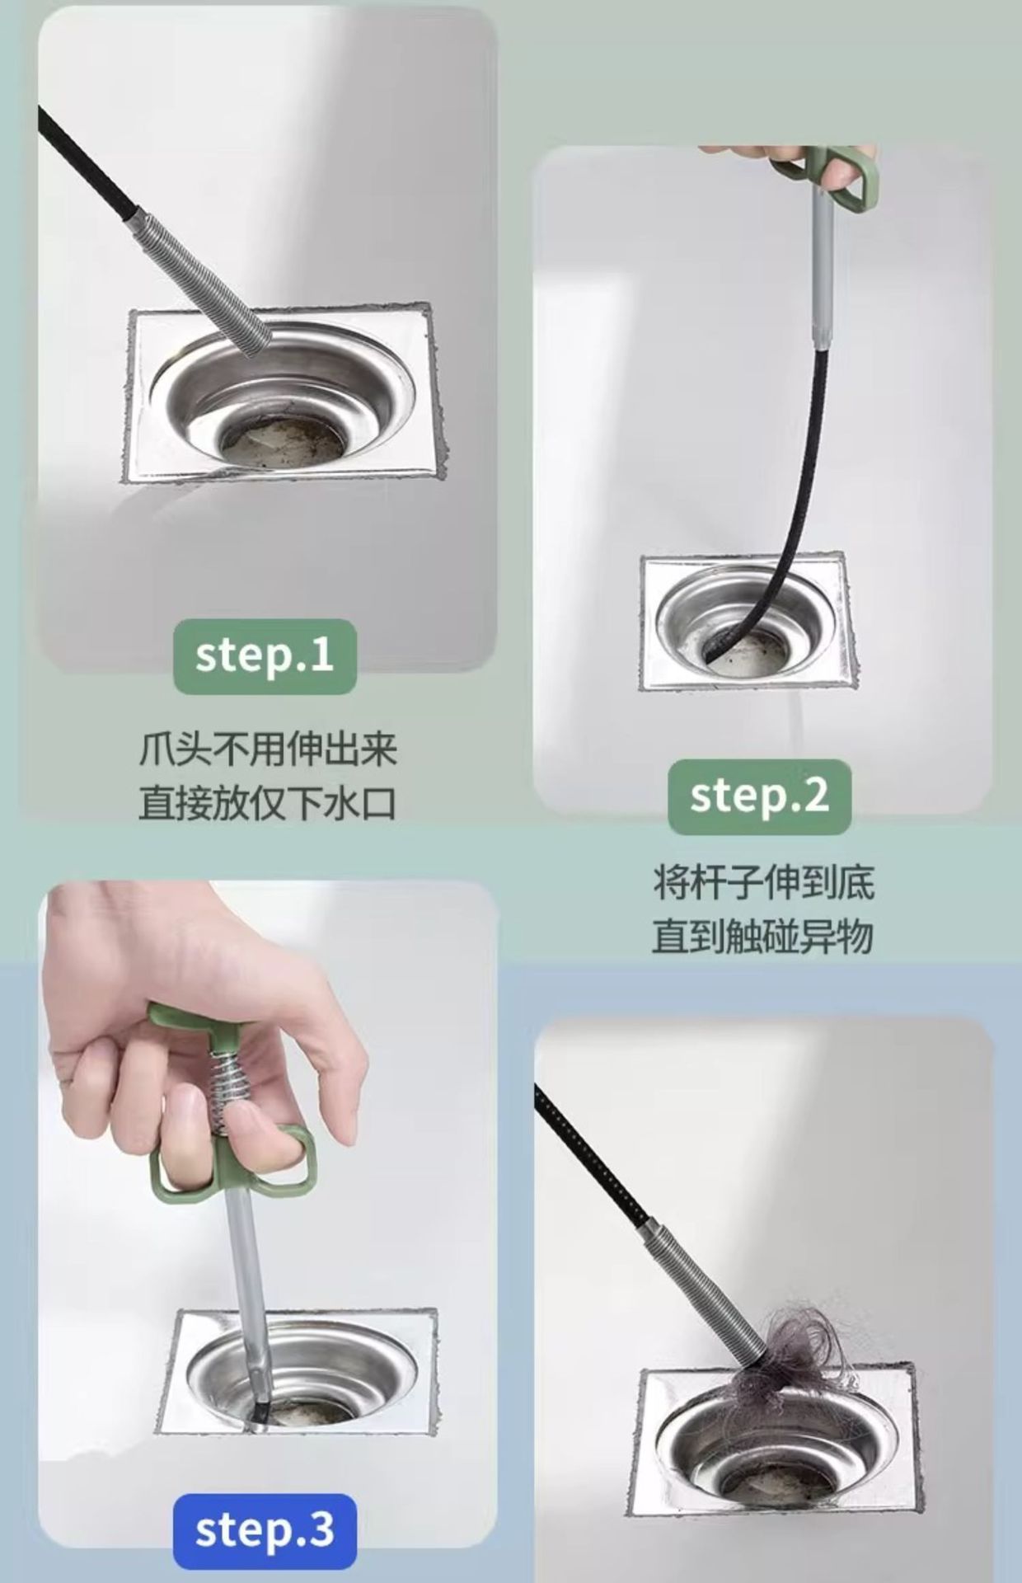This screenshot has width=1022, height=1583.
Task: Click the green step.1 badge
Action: click(x=265, y=656)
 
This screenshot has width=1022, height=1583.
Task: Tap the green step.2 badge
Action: click(x=759, y=796)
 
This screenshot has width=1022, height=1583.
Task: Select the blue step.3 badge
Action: click(x=265, y=1531)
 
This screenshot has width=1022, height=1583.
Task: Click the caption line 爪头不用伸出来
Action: click(x=268, y=750)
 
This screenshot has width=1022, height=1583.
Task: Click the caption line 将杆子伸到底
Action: click(x=763, y=882)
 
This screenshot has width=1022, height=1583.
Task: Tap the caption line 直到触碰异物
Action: click(x=763, y=937)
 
